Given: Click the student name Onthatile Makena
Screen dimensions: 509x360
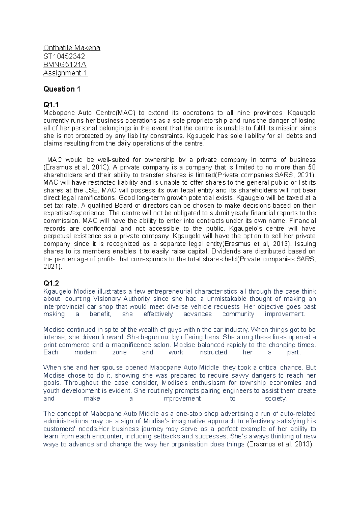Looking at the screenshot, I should click(x=72, y=48).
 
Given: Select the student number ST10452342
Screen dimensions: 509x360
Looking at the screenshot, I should click(x=64, y=56).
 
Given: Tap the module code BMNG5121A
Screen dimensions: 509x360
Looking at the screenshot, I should click(x=65, y=65).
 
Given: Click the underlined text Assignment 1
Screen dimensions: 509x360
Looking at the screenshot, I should click(x=65, y=73).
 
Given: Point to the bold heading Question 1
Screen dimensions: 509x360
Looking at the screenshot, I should click(x=62, y=89).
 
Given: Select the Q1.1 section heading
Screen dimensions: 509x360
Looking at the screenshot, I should click(x=51, y=105).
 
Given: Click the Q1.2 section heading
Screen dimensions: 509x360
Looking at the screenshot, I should click(x=51, y=283).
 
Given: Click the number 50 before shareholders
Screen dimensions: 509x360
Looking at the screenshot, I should click(x=312, y=167).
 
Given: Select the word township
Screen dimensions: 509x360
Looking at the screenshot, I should click(x=251, y=383).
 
